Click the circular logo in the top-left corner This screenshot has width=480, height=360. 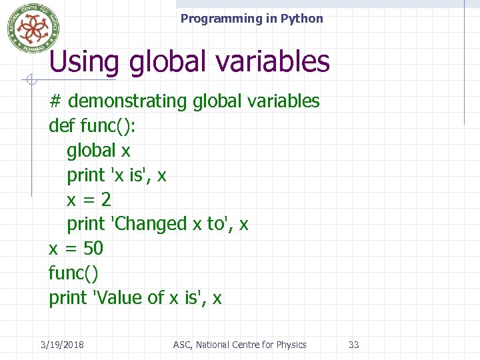pos(33,27)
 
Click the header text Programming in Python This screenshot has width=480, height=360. pos(251,19)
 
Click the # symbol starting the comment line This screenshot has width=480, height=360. pos(55,101)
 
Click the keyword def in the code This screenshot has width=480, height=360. pos(62,126)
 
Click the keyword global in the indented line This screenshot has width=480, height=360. pos(91,151)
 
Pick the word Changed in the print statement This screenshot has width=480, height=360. pos(151,224)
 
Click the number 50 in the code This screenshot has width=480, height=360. pos(93,249)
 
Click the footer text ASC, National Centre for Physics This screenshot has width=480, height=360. pos(239,345)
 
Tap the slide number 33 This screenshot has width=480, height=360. pos(354,345)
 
